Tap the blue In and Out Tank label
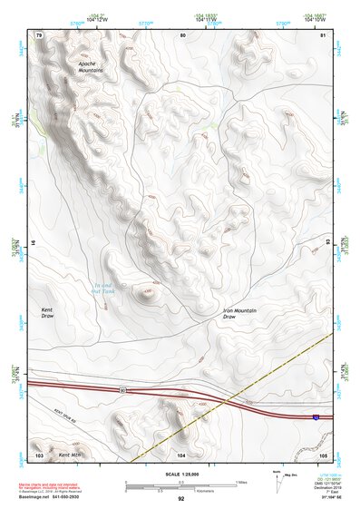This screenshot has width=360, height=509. point(108,289)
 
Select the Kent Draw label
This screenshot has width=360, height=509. point(47,313)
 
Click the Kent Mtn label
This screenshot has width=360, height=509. point(69,455)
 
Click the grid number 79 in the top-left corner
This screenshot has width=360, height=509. point(39,34)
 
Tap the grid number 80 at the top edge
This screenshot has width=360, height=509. point(182,34)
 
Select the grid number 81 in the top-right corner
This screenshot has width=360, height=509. point(323,34)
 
